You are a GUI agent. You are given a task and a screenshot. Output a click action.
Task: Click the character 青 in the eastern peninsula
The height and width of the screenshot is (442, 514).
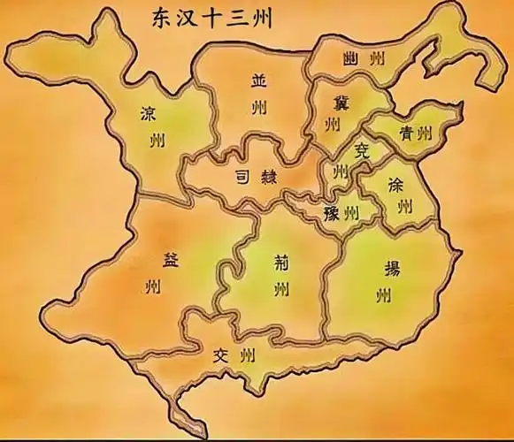[x=408, y=134]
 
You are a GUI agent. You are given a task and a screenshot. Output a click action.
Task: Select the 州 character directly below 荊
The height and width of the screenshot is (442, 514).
[x=280, y=289]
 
